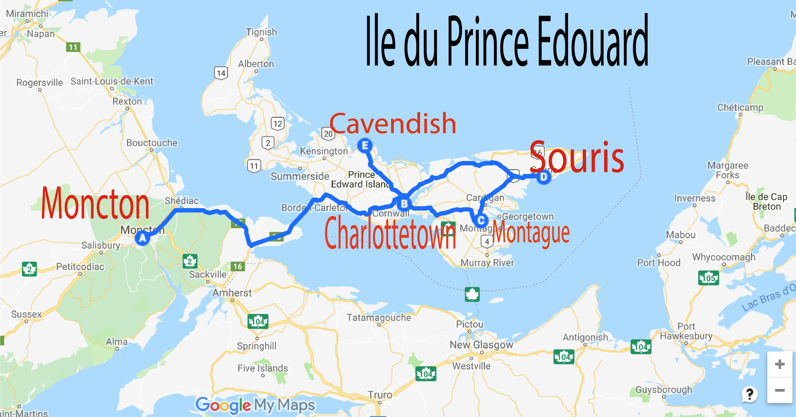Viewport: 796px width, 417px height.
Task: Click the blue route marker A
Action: tap(142, 238)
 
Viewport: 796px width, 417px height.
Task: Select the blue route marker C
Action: tap(481, 220)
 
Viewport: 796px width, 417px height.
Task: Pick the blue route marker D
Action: tap(543, 177)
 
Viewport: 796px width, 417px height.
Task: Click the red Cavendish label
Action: tap(392, 124)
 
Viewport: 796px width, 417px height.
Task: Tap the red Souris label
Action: tap(577, 158)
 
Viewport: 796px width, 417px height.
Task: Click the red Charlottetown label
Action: tap(390, 233)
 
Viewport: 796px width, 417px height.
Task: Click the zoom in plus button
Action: tap(780, 364)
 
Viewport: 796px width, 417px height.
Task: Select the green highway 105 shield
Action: tap(708, 278)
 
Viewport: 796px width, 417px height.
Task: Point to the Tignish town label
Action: tap(261, 32)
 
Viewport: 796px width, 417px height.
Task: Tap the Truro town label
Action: tap(380, 395)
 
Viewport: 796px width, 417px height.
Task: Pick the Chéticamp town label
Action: tap(740, 107)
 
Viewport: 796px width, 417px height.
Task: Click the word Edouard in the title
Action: tap(593, 40)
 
